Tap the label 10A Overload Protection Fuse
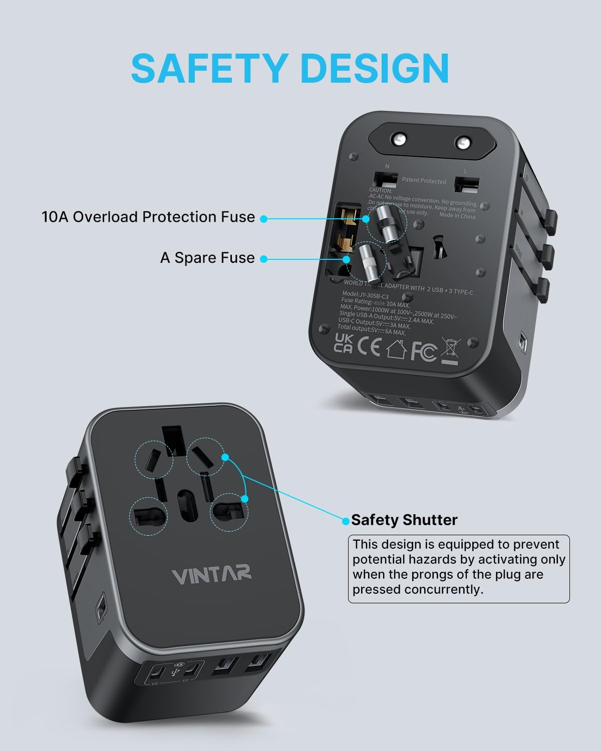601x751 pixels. (148, 217)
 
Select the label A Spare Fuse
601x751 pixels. (207, 258)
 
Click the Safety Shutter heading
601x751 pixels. (404, 520)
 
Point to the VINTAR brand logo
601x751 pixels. (211, 575)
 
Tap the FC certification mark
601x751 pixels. (423, 351)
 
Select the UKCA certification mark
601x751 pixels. (343, 343)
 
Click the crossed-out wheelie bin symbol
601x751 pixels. (450, 352)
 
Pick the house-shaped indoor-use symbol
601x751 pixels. (396, 349)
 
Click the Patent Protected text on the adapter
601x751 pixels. (424, 181)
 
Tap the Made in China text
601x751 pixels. (457, 216)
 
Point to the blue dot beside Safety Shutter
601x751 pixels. (346, 521)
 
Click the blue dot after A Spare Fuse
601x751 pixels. (263, 259)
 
